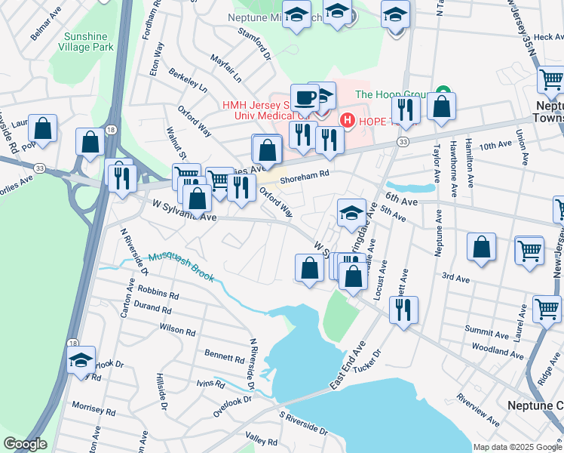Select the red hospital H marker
[348, 120]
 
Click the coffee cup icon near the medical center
[305, 97]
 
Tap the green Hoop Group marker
[443, 94]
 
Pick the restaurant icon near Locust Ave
[404, 308]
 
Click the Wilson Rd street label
[177, 329]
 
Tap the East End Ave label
[348, 369]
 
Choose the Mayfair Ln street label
[225, 66]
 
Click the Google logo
[24, 444]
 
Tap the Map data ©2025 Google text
[517, 447]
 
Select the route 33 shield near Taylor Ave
[404, 141]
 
